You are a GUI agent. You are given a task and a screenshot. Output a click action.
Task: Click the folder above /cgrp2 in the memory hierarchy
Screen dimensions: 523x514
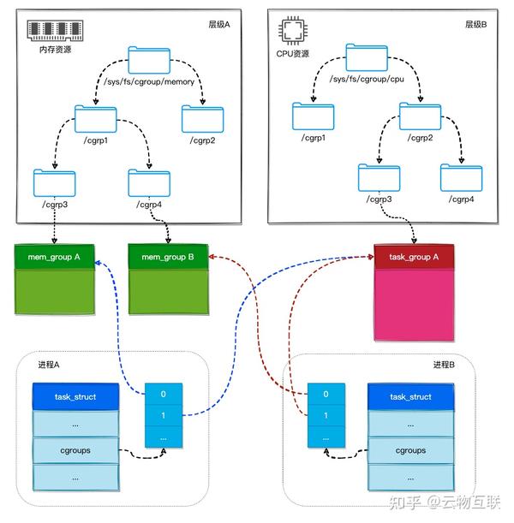pos(202,117)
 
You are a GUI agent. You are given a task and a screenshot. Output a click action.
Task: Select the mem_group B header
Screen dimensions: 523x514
pos(168,256)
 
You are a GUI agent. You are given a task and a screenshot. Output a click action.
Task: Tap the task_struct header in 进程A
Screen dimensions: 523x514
pos(74,397)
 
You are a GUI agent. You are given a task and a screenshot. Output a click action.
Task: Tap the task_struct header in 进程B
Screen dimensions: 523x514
pos(410,397)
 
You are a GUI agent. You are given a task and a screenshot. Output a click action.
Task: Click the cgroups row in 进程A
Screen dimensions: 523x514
pos(74,449)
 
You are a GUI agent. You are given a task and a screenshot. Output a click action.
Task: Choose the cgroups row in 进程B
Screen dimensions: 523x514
pos(410,449)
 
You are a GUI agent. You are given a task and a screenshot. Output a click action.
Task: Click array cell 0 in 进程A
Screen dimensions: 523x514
pos(163,395)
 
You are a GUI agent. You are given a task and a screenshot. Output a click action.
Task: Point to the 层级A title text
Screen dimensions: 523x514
pos(219,25)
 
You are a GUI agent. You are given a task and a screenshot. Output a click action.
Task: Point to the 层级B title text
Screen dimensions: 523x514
pos(475,25)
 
